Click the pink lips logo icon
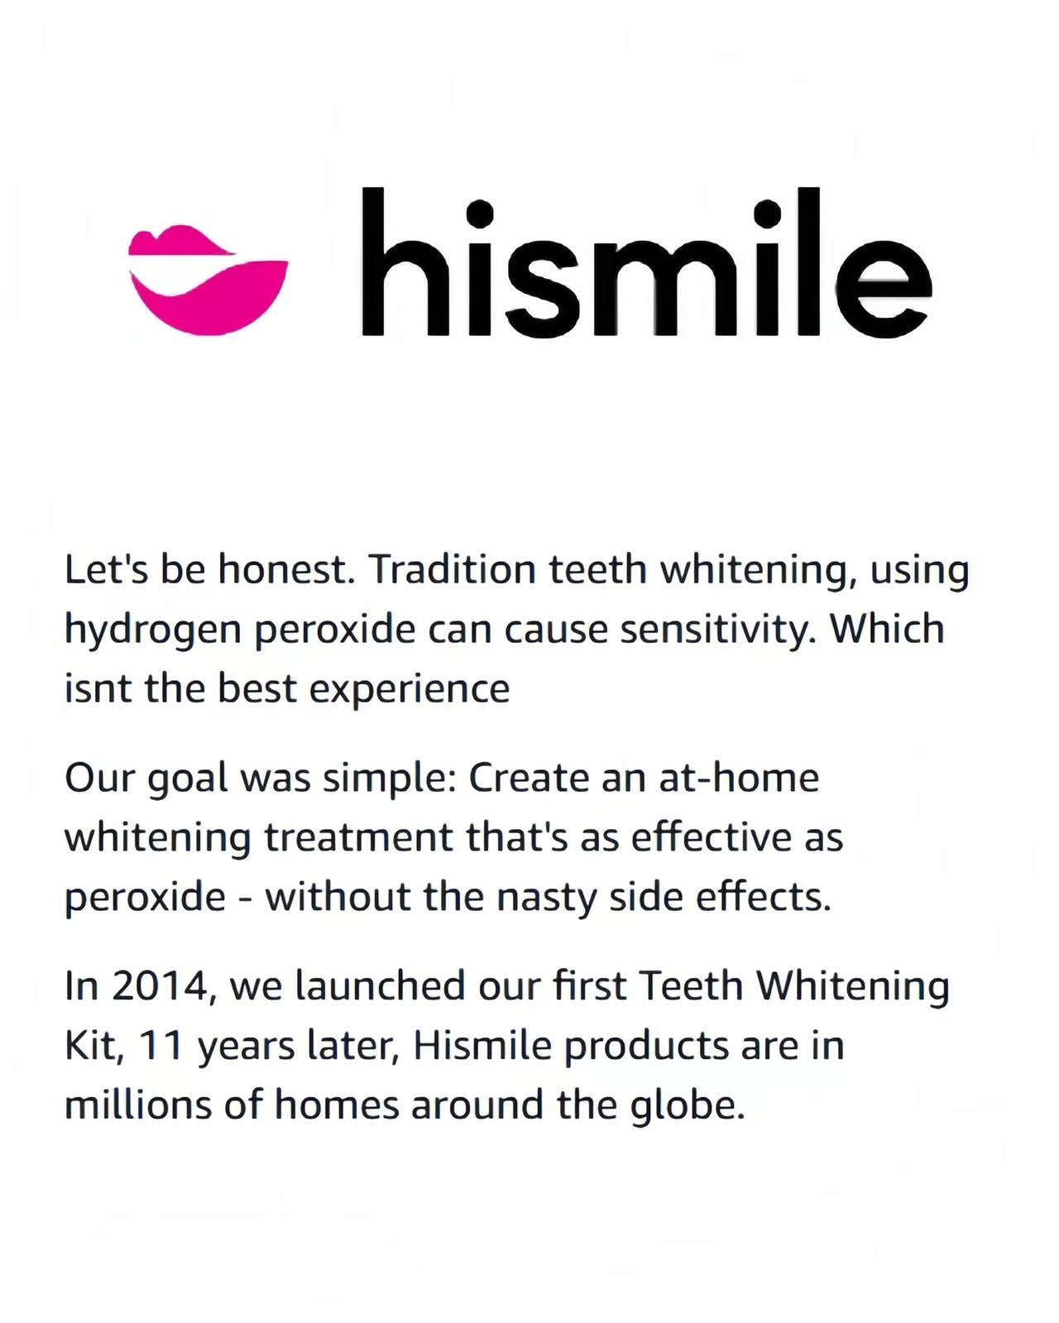[208, 280]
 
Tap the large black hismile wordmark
[646, 262]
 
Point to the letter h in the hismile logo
[402, 261]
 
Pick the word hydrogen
[154, 631]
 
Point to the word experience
[410, 690]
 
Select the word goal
[188, 779]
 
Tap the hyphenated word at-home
[739, 778]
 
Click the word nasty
[547, 899]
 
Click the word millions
[138, 1105]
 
